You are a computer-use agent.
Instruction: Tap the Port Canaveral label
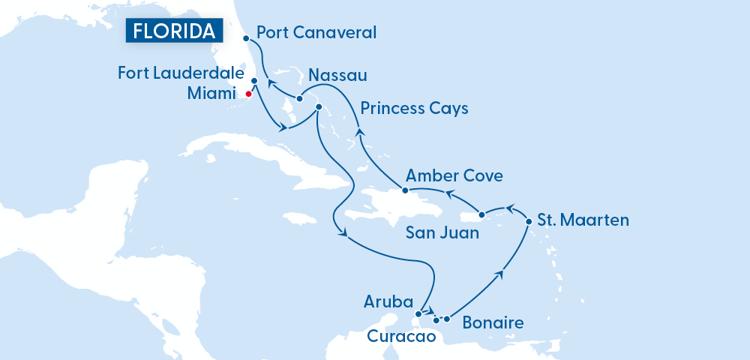point(316,33)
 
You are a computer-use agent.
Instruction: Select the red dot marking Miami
point(248,94)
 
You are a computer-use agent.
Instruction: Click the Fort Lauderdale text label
point(182,73)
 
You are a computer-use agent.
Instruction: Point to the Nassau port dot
point(299,99)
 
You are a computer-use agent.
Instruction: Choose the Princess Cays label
point(414,109)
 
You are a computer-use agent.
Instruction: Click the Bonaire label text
point(493,323)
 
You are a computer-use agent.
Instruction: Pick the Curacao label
point(401,337)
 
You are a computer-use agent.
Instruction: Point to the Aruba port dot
point(418,313)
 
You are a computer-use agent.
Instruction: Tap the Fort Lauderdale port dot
point(254,80)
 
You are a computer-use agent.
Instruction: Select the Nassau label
point(337,75)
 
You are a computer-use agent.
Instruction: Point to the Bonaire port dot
point(447,319)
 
